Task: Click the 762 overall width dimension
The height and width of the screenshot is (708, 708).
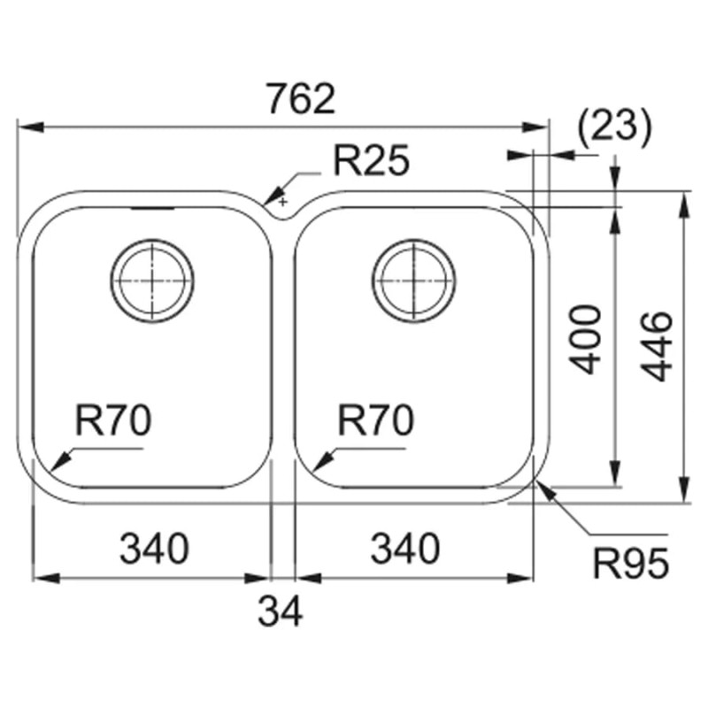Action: click(301, 98)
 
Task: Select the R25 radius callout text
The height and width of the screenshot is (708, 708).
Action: click(371, 160)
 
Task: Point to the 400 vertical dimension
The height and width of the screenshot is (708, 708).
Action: click(585, 340)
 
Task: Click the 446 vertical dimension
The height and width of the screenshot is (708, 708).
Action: click(657, 346)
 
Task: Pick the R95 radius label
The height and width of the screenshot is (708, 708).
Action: click(631, 564)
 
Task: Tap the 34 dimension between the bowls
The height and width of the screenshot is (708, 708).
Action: click(280, 612)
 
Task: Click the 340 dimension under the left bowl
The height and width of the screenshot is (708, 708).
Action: click(154, 548)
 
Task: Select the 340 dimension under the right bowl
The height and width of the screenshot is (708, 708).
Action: click(404, 548)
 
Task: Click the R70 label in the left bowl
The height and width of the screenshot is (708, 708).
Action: click(113, 420)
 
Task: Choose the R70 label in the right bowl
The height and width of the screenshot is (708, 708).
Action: click(375, 420)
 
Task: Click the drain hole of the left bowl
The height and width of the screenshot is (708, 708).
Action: click(152, 281)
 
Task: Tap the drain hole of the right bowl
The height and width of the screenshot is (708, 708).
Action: click(414, 281)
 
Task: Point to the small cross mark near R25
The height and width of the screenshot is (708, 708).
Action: click(282, 202)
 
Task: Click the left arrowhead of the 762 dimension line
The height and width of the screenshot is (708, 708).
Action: click(31, 127)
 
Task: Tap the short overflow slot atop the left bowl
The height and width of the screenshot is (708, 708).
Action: click(152, 209)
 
